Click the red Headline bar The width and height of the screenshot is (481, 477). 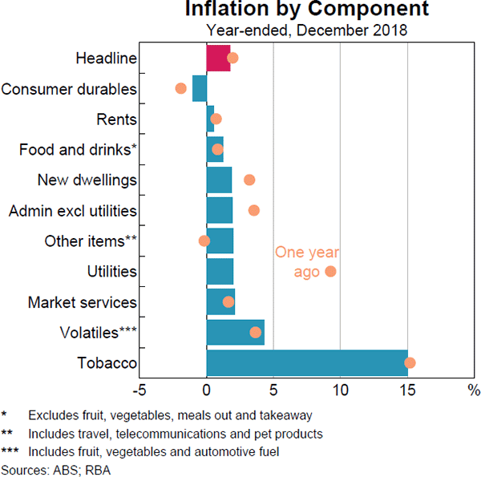[x=218, y=58]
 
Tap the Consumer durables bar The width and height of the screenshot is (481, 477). [x=200, y=88]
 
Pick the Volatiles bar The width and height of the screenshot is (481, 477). [x=235, y=333]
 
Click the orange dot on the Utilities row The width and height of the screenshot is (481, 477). [x=330, y=272]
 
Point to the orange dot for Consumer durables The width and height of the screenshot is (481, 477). [x=180, y=88]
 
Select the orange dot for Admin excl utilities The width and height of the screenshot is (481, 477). [x=254, y=211]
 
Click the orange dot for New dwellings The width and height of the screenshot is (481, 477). [x=249, y=180]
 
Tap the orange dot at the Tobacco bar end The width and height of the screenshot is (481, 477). [x=410, y=363]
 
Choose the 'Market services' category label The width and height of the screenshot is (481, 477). [x=83, y=302]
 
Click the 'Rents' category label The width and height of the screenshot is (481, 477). [x=116, y=119]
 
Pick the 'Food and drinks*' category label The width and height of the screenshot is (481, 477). [x=78, y=150]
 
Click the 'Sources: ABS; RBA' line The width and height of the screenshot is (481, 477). [x=55, y=470]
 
